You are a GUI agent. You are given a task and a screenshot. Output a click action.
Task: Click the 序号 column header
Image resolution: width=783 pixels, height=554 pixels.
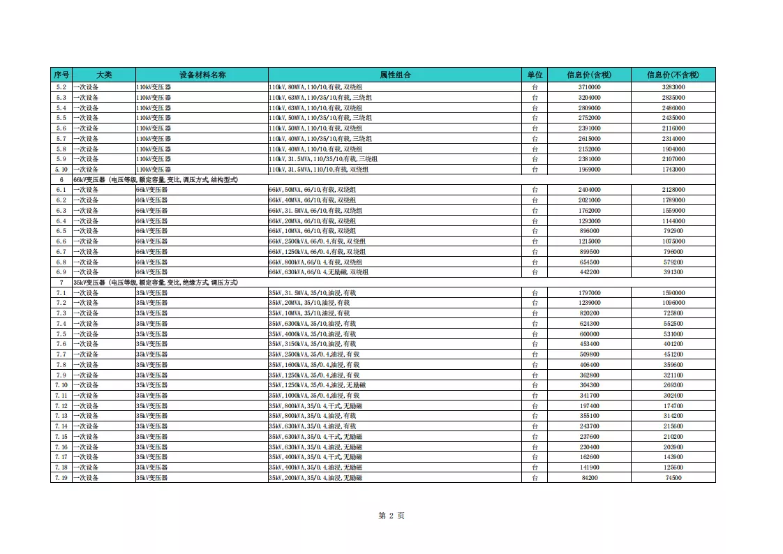(x=61, y=75)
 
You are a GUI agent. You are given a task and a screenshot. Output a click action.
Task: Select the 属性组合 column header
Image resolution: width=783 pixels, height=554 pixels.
(x=395, y=75)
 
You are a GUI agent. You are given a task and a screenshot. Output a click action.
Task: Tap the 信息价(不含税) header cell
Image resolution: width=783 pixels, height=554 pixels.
(x=673, y=75)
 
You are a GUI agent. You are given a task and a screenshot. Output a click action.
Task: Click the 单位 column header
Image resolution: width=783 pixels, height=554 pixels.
(x=535, y=75)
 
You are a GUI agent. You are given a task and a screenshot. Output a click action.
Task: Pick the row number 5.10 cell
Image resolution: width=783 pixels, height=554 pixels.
(x=61, y=170)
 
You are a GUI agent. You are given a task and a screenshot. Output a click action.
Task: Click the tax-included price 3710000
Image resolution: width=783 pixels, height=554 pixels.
(x=589, y=87)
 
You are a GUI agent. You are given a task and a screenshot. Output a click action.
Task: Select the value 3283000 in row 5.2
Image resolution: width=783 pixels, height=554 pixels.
(x=673, y=87)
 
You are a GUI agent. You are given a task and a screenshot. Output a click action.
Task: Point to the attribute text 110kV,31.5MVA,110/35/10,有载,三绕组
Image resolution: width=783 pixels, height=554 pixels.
(x=323, y=159)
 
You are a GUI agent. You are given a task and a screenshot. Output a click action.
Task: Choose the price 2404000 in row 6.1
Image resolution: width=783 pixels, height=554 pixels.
(x=589, y=190)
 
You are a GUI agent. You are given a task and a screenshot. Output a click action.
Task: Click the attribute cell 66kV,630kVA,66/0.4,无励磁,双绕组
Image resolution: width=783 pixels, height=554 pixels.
(x=319, y=272)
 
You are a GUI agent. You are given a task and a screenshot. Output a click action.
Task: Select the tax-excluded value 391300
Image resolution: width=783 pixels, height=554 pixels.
(x=673, y=272)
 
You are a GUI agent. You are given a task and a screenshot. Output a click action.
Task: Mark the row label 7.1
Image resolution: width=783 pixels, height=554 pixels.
(x=61, y=293)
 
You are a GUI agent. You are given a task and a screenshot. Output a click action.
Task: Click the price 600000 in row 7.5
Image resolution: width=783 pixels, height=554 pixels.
(x=589, y=334)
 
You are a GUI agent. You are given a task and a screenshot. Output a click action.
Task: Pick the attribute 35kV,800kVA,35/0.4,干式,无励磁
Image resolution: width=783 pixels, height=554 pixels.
(x=315, y=406)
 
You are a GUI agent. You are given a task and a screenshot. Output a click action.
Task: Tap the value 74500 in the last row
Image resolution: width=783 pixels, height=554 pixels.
(x=673, y=478)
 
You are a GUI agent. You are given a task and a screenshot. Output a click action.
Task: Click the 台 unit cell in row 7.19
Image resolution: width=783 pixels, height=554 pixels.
(x=535, y=478)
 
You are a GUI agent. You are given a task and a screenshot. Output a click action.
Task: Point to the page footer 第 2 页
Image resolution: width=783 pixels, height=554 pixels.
(x=391, y=516)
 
